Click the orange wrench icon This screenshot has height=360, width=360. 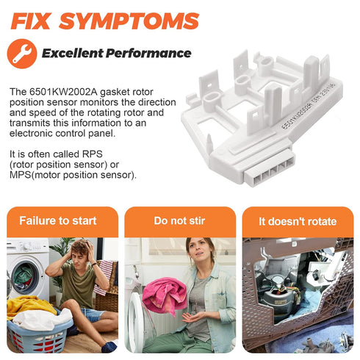point(22,54)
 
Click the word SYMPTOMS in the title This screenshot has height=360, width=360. point(129,21)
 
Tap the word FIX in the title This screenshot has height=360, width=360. point(31,21)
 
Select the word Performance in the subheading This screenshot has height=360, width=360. point(148,53)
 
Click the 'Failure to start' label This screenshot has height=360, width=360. point(58,220)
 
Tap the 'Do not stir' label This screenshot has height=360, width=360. point(179,220)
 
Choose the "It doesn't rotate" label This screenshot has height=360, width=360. point(298,221)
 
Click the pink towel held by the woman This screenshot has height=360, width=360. point(165,295)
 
